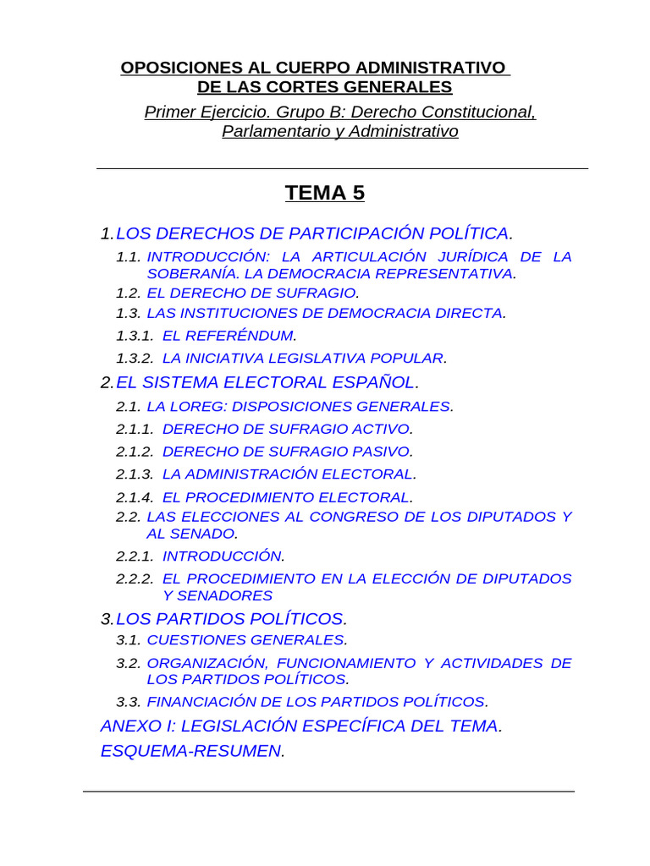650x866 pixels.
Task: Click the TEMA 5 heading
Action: pos(325,193)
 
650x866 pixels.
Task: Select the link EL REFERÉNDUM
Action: pos(229,336)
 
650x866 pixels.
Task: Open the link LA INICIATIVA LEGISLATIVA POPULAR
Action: pos(303,358)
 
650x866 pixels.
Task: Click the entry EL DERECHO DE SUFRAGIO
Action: pos(251,293)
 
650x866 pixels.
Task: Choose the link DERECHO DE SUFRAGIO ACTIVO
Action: pos(286,429)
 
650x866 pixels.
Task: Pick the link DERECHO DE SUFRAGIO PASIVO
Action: pos(287,452)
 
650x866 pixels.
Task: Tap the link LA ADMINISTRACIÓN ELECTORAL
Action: pos(288,474)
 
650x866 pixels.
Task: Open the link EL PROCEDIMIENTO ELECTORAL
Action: pos(286,496)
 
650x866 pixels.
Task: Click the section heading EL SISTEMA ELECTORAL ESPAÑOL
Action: pos(267,383)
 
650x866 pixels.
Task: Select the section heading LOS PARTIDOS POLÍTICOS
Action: pos(230,619)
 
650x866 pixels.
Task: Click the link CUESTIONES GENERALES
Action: pos(245,640)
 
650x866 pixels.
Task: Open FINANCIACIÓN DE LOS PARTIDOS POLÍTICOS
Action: pos(317,701)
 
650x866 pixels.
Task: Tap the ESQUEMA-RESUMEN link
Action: pos(191,751)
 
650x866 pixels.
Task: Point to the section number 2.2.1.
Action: pos(135,556)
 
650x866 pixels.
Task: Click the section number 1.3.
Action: pos(128,313)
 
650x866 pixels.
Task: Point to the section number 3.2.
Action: pos(128,663)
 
